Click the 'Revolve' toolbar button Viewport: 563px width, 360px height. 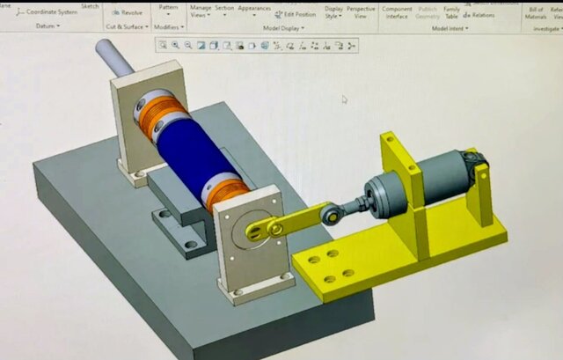click(x=127, y=12)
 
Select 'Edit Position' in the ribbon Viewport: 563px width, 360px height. click(x=295, y=14)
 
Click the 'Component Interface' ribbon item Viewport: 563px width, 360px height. click(x=397, y=11)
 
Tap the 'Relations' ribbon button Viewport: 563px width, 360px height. click(x=479, y=15)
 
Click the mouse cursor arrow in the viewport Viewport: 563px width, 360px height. click(x=344, y=99)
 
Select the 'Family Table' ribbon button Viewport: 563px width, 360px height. click(x=451, y=11)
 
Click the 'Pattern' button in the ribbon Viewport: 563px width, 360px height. click(x=168, y=7)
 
